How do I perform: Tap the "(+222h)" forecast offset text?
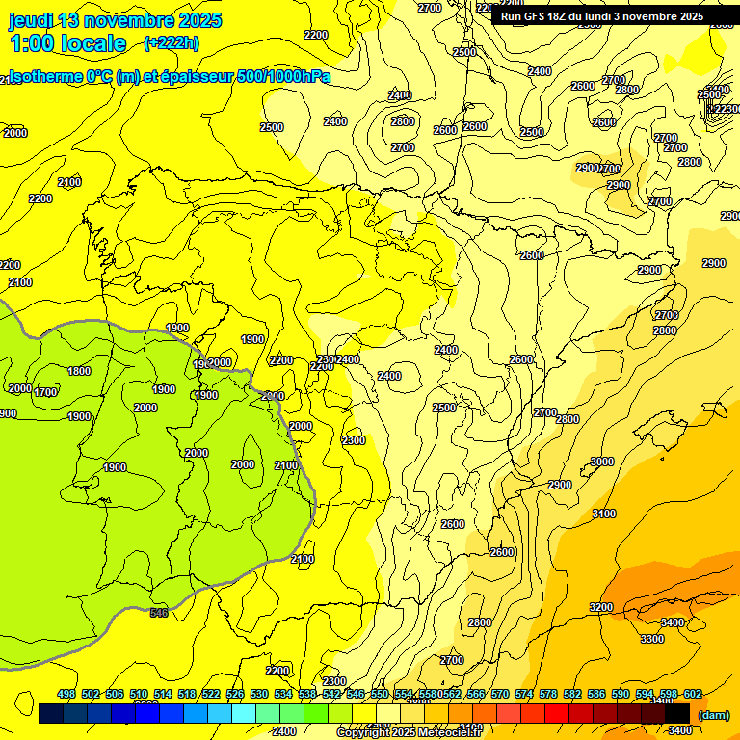(172, 42)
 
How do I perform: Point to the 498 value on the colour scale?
(66, 694)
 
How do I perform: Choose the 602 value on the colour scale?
(693, 694)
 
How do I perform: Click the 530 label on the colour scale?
(259, 694)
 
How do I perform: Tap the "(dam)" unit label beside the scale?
(713, 714)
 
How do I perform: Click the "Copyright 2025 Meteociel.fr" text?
(409, 733)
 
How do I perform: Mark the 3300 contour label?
(651, 639)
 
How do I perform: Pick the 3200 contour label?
(600, 607)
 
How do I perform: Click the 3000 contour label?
(601, 462)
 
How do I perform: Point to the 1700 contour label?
(45, 392)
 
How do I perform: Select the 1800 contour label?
(79, 371)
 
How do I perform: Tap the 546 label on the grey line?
(159, 613)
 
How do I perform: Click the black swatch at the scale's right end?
(676, 713)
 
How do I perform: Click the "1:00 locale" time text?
(67, 43)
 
